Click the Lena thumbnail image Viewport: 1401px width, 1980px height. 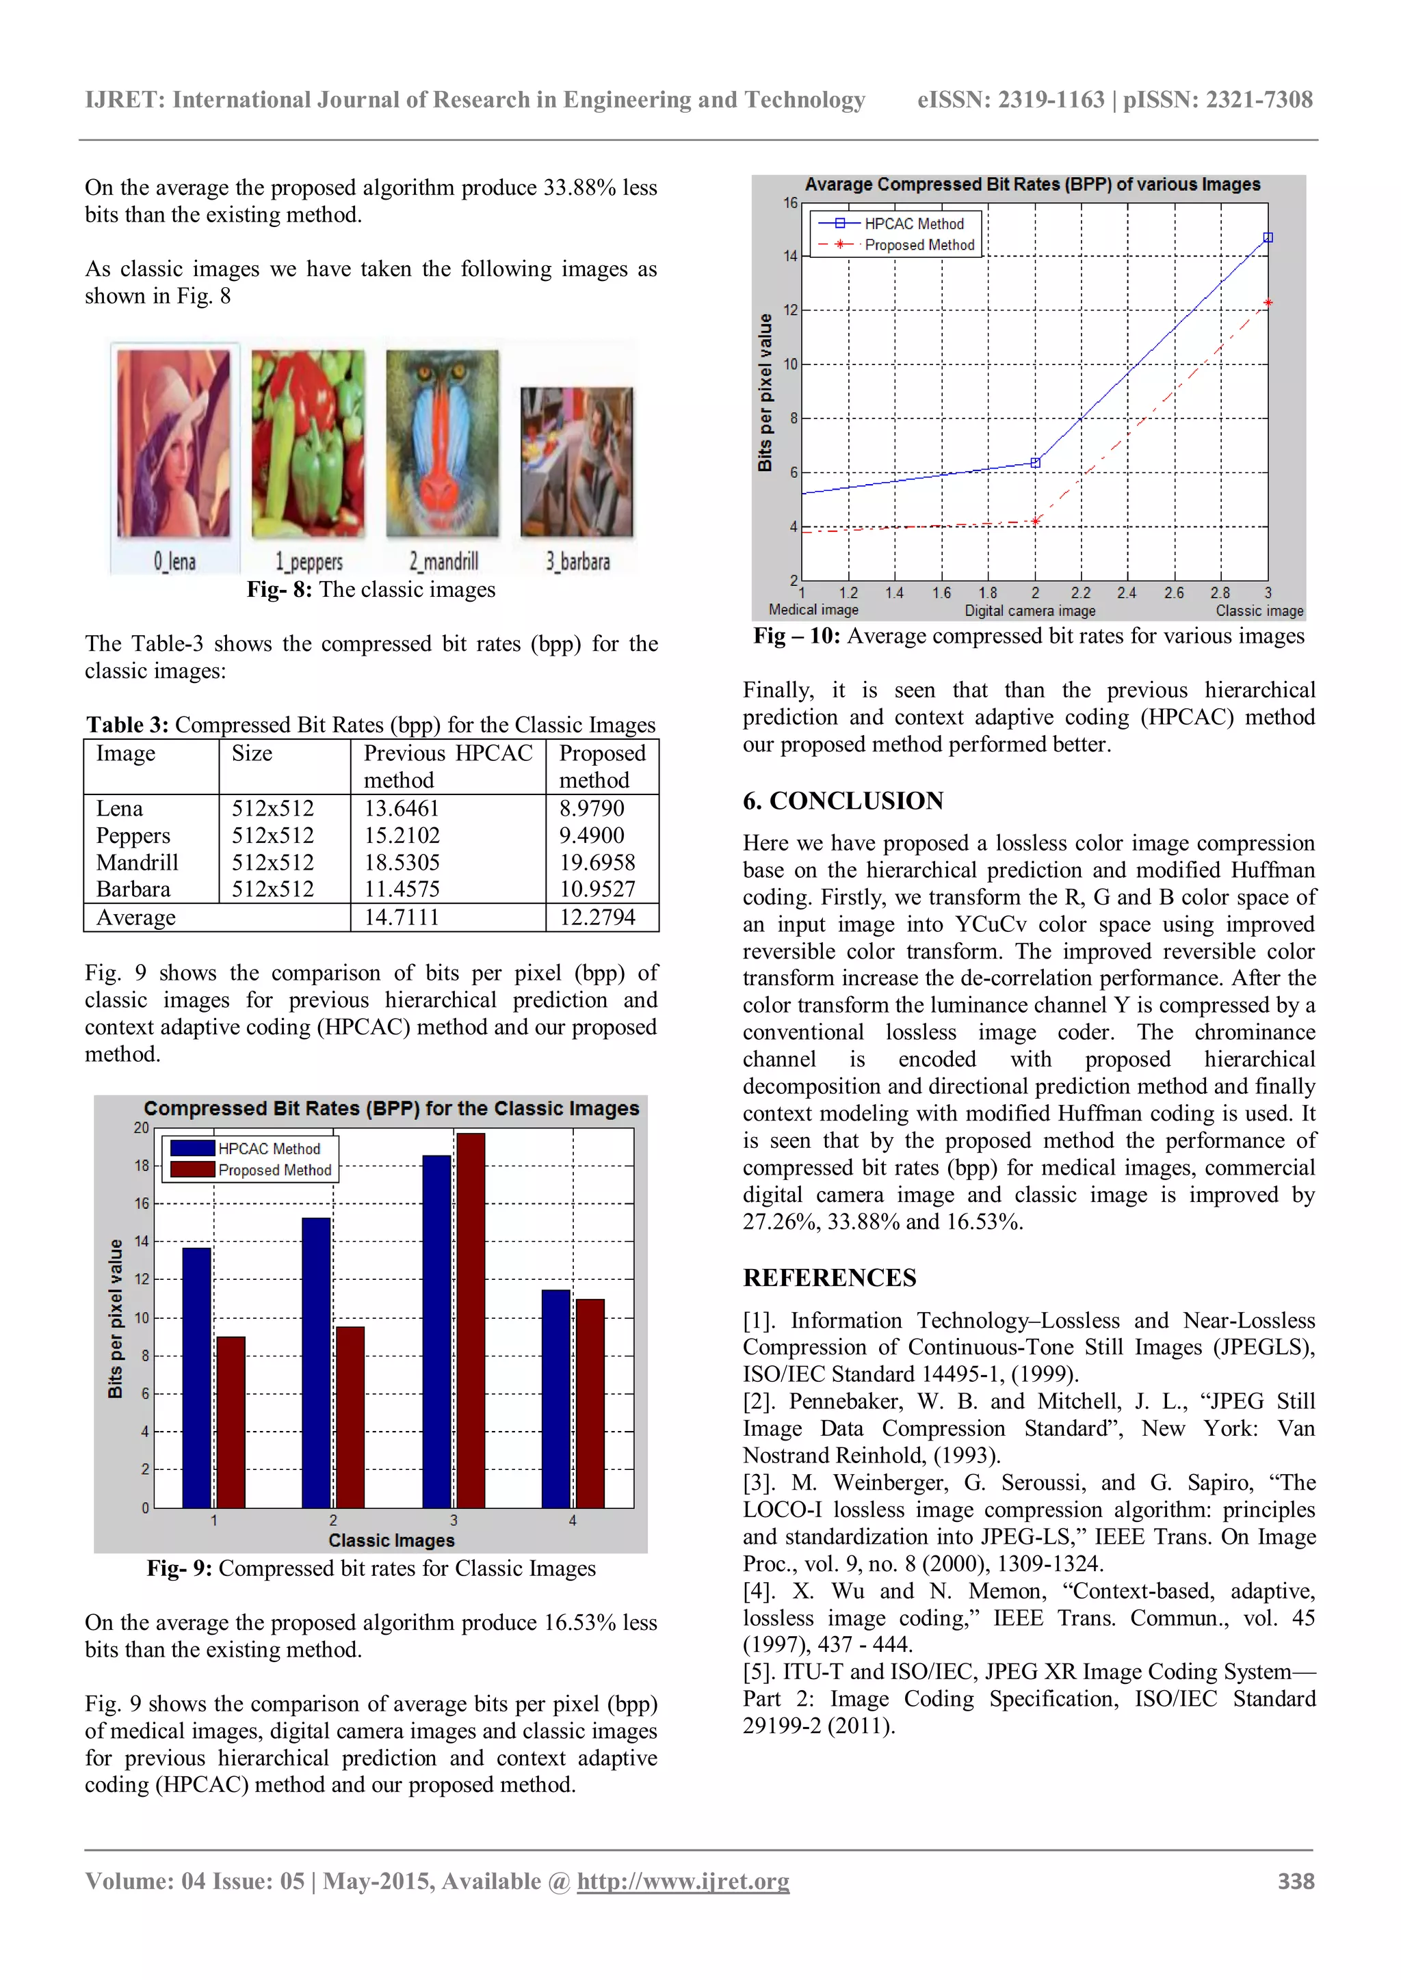(x=174, y=443)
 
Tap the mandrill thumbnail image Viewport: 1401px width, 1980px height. (x=443, y=443)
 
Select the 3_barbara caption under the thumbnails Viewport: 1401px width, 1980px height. (x=577, y=562)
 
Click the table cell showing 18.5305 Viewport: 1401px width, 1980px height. (x=402, y=862)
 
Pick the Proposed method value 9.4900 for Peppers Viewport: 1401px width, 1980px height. (x=592, y=835)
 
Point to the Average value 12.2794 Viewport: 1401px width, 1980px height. (x=597, y=918)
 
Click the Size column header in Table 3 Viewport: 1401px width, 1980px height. (x=252, y=753)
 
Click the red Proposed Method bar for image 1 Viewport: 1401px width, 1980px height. (x=231, y=1422)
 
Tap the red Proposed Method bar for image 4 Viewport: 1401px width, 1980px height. (x=590, y=1403)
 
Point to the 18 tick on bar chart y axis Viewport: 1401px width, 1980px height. (x=142, y=1166)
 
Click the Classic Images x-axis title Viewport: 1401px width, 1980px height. (x=392, y=1541)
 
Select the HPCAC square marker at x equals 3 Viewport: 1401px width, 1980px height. (x=1268, y=237)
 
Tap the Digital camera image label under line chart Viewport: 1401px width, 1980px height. (x=1030, y=611)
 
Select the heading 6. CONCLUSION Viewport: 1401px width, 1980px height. (x=843, y=801)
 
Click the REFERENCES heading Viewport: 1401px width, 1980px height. (x=829, y=1278)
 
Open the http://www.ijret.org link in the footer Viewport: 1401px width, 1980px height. (x=683, y=1882)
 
